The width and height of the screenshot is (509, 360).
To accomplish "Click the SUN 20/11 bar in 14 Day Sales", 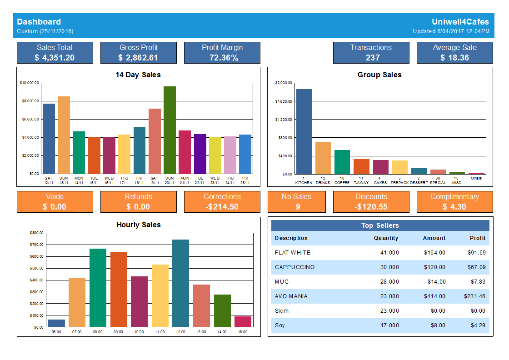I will tap(170, 130).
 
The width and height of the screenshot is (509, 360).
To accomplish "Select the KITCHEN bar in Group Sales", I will tap(304, 131).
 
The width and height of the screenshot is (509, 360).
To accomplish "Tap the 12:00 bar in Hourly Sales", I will tap(180, 283).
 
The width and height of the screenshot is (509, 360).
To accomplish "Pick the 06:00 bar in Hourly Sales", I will tap(56, 323).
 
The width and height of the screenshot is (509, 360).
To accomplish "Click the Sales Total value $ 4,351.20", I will tap(55, 58).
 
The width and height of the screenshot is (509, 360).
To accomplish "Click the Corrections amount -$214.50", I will tap(222, 207).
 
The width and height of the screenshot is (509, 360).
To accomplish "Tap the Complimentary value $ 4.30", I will tap(454, 207).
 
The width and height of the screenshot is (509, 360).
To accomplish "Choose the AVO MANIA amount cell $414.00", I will tap(434, 296).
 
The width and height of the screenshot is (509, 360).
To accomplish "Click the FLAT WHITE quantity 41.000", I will tap(389, 253).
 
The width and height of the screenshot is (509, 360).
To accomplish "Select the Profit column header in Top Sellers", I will tap(478, 238).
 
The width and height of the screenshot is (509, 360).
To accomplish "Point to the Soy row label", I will tap(280, 325).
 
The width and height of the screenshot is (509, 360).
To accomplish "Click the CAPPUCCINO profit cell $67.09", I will tap(476, 267).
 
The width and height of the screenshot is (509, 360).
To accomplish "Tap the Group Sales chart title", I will tap(379, 75).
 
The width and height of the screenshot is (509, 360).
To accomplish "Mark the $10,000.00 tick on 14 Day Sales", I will tap(30, 83).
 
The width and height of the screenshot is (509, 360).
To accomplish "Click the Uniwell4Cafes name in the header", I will tap(460, 22).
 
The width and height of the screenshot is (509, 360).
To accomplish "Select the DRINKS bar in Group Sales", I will tap(323, 158).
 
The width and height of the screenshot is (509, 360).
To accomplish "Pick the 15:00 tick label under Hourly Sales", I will tap(243, 332).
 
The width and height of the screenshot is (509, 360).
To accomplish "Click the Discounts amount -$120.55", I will tap(371, 207).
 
